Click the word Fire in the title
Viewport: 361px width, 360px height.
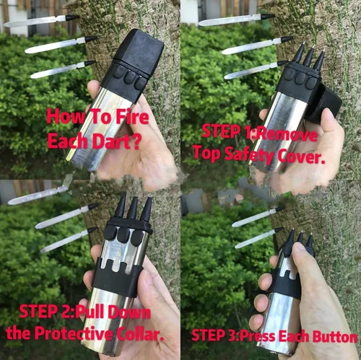[132, 117]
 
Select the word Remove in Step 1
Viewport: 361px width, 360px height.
[287, 134]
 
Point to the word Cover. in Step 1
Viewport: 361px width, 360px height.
[301, 157]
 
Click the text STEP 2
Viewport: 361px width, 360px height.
[47, 311]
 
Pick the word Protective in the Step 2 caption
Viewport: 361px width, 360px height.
[74, 333]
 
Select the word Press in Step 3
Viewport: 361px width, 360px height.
[258, 335]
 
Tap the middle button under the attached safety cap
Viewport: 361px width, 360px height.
[130, 77]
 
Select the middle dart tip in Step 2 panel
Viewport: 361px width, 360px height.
[132, 208]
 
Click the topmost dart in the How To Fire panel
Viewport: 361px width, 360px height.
[41, 21]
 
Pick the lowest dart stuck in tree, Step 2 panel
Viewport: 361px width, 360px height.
[69, 240]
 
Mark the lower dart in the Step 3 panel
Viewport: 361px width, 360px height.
[259, 238]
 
